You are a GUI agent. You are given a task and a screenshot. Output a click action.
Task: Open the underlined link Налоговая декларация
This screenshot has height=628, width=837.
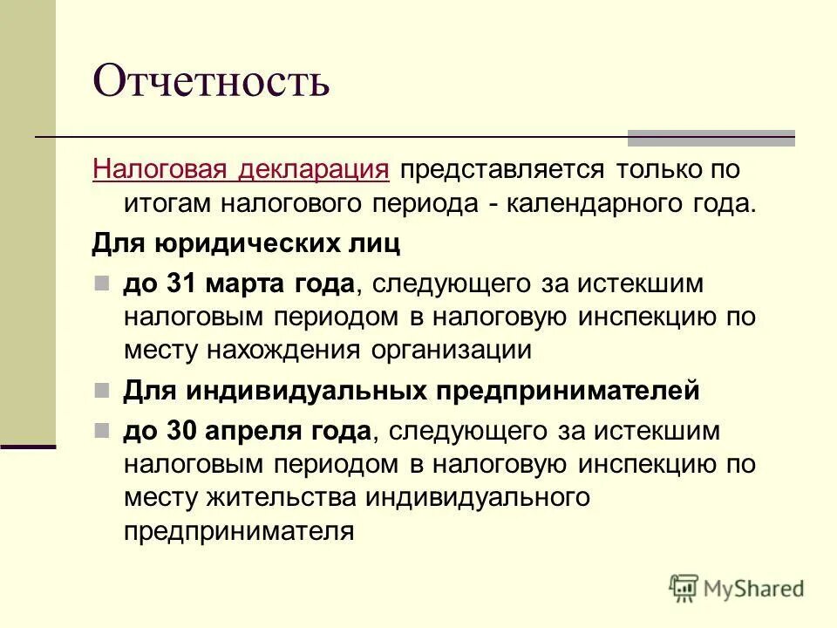pyautogui.click(x=241, y=169)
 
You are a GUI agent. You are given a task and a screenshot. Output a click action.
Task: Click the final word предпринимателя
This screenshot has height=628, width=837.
pyautogui.click(x=239, y=531)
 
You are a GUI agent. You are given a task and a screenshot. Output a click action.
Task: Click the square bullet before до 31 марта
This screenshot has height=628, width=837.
pyautogui.click(x=102, y=283)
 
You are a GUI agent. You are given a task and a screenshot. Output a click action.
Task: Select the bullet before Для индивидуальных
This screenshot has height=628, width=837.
pyautogui.click(x=102, y=389)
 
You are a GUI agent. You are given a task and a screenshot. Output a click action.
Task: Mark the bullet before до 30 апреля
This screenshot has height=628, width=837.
pyautogui.click(x=102, y=430)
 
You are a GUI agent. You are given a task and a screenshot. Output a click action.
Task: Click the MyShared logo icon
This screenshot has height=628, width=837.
pyautogui.click(x=684, y=588)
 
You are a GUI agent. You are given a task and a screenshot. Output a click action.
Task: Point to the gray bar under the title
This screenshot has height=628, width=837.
pyautogui.click(x=711, y=137)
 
